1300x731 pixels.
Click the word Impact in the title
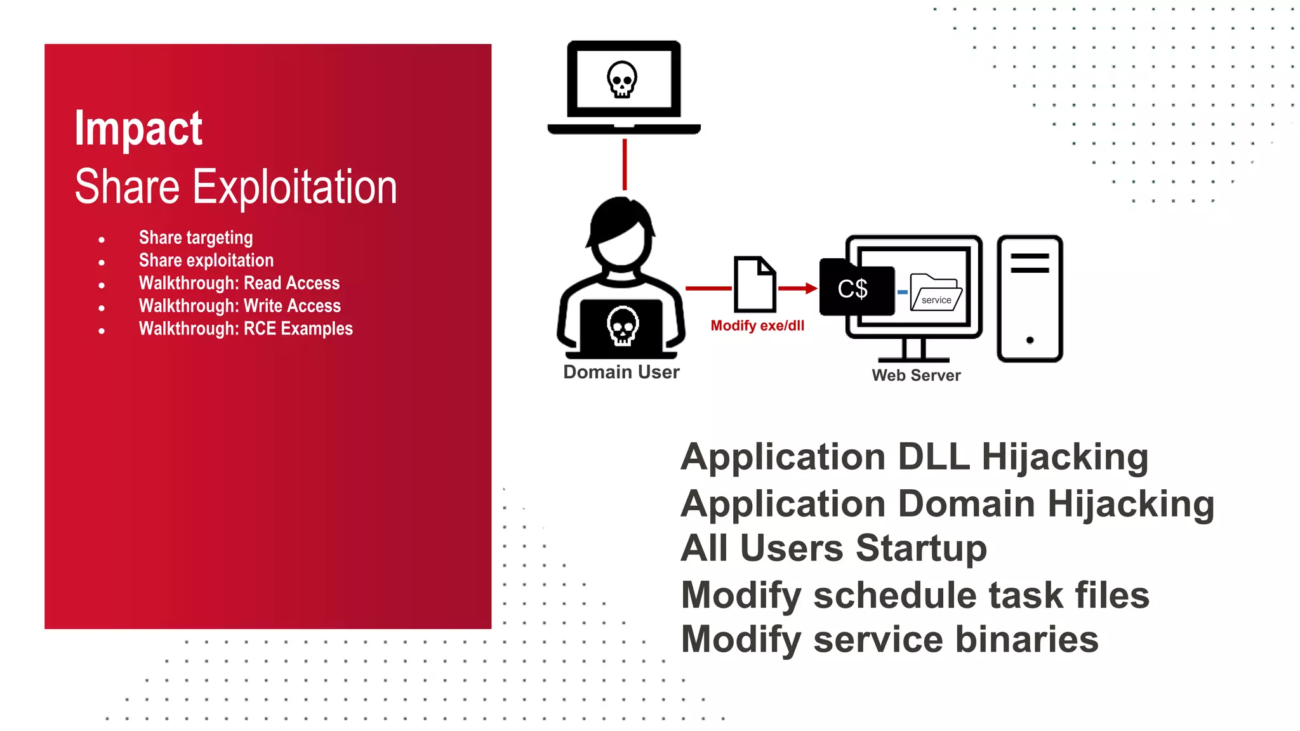tap(138, 129)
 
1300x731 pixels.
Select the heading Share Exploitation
tap(235, 187)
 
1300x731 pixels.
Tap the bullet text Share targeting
tap(196, 238)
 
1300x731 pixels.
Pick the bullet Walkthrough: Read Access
tap(239, 283)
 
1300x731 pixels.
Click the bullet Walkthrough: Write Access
tap(240, 306)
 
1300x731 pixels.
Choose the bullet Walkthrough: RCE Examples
tap(246, 329)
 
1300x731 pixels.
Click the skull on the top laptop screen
tap(622, 79)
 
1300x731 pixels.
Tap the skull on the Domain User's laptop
tap(623, 326)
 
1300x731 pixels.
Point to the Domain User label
tap(621, 372)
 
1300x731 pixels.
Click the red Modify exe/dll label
tap(757, 326)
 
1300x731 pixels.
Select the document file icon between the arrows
tap(755, 284)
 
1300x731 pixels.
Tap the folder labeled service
tap(936, 293)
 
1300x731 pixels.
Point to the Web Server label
tap(916, 376)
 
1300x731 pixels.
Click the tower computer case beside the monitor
tap(1030, 298)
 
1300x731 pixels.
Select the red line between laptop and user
tap(625, 164)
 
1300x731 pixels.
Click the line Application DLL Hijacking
tap(914, 457)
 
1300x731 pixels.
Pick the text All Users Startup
tap(833, 548)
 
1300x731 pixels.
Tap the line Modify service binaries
tap(889, 640)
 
